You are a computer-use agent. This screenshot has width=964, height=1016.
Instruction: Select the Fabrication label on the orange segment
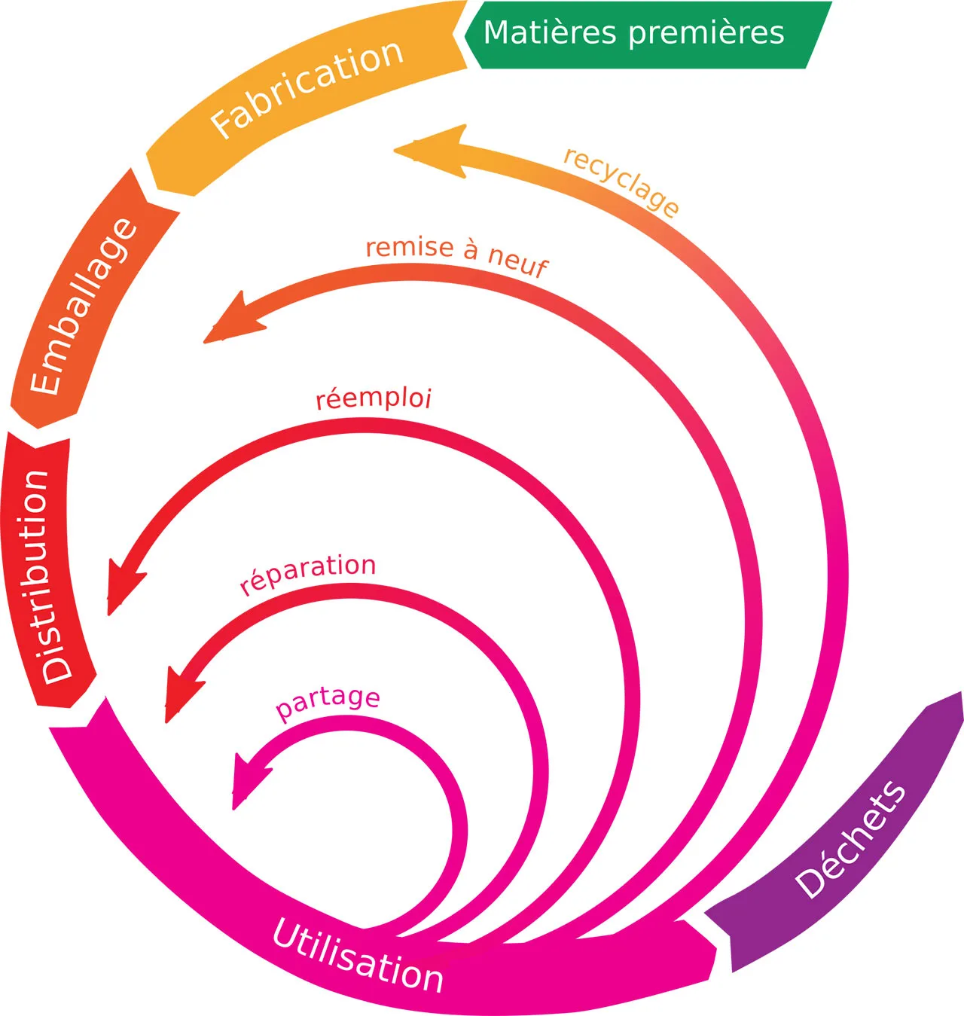[307, 89]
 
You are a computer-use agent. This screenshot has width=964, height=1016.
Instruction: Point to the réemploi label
[374, 398]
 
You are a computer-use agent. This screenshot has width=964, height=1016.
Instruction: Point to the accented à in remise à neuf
[471, 249]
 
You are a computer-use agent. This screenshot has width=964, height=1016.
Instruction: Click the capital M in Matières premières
[497, 33]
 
